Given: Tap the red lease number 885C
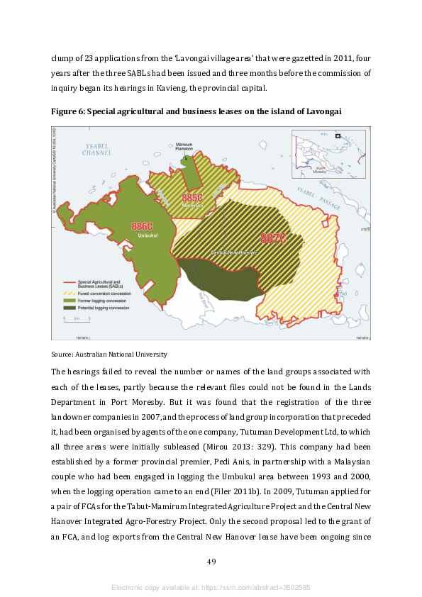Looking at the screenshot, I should tap(192, 198).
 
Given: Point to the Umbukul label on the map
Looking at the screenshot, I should tap(146, 235).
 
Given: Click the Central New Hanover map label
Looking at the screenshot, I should tap(234, 252).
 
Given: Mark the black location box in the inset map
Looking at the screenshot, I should tap(338, 136).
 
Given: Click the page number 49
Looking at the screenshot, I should tap(211, 562).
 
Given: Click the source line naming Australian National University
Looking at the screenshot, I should tap(109, 354).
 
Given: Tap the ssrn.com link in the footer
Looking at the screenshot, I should tap(211, 588).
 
